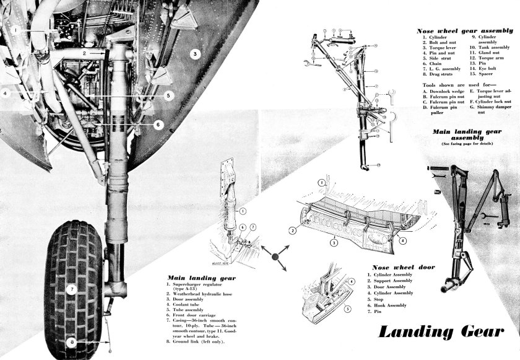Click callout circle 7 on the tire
pyautogui.click(x=72, y=289)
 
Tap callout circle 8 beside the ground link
pyautogui.click(x=72, y=340)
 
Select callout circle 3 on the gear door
pyautogui.click(x=194, y=54)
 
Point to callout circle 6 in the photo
pyautogui.click(x=158, y=125)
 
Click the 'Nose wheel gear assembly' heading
pyautogui.click(x=464, y=30)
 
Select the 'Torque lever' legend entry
pyautogui.click(x=441, y=47)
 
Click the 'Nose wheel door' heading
pyautogui.click(x=403, y=267)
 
